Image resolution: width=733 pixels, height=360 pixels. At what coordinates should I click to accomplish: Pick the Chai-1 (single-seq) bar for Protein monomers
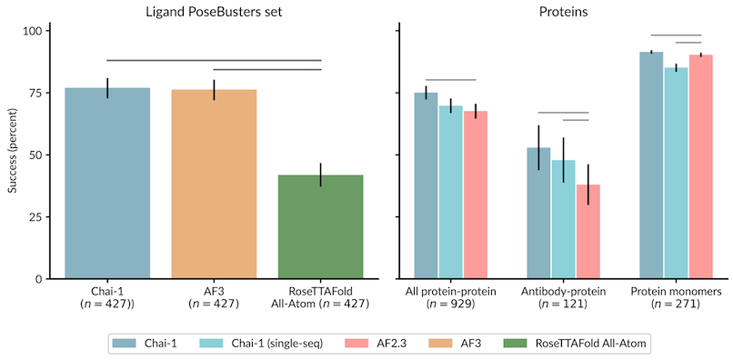[x=676, y=173]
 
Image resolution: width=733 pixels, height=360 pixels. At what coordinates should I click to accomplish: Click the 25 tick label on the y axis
[x=35, y=217]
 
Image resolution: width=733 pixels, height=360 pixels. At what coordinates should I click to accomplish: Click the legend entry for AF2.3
[x=383, y=343]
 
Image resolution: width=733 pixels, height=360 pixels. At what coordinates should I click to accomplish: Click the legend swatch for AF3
[x=439, y=343]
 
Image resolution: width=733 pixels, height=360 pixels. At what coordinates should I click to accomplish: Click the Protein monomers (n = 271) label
[x=676, y=297]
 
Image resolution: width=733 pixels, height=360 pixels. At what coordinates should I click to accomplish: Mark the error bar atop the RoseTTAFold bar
[x=320, y=175]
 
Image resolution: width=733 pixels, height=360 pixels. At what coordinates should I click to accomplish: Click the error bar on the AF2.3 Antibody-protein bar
[x=588, y=185]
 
